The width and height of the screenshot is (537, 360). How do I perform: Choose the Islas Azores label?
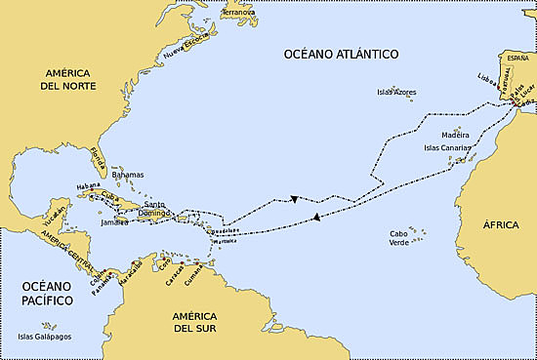click(396, 93)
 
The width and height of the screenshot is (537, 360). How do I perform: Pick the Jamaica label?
click(114, 222)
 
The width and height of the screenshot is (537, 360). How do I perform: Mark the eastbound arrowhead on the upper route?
click(294, 200)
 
